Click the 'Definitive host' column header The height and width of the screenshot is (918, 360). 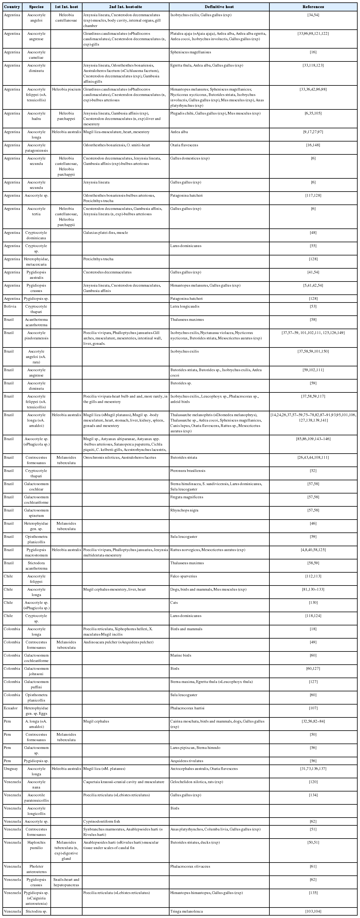click(219, 7)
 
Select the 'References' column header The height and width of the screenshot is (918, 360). click(313, 7)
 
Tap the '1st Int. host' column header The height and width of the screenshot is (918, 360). click(67, 7)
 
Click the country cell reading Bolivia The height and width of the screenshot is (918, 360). click(11, 306)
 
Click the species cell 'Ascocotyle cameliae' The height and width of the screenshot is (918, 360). click(36, 55)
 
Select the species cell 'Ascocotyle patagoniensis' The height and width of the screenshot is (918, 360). click(36, 148)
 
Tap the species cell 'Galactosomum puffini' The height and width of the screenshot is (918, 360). click(36, 684)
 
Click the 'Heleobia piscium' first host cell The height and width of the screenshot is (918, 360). click(67, 89)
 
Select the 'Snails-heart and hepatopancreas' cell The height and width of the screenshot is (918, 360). click(67, 882)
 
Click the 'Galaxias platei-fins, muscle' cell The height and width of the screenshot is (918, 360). click(106, 233)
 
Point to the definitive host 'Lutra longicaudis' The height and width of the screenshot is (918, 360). click(185, 306)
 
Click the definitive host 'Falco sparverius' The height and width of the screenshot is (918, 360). click(184, 576)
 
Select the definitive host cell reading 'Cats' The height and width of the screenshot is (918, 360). click(174, 602)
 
